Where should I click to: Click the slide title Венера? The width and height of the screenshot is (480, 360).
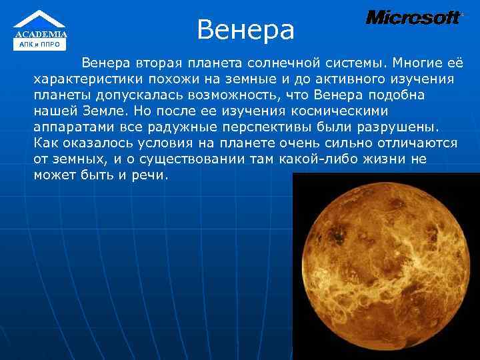(x=245, y=29)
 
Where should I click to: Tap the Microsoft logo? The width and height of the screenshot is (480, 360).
(x=413, y=18)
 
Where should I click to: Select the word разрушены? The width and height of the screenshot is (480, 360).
(x=395, y=127)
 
